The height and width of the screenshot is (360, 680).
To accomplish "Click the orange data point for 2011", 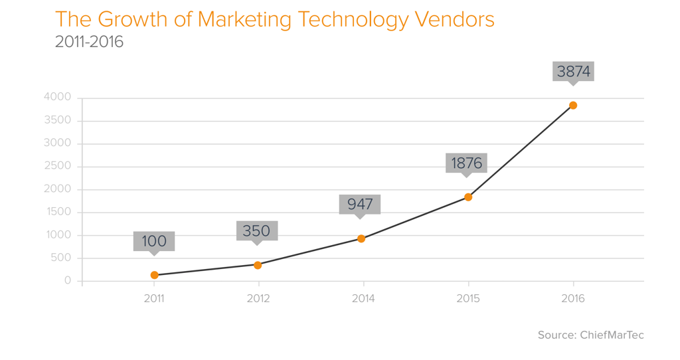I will pyautogui.click(x=155, y=275).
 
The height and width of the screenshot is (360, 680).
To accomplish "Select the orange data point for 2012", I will pyautogui.click(x=258, y=265).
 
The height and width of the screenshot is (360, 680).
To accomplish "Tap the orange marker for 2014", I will pyautogui.click(x=361, y=238).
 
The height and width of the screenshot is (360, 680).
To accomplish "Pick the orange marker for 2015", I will pyautogui.click(x=468, y=197).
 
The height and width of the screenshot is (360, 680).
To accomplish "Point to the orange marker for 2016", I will pyautogui.click(x=573, y=106).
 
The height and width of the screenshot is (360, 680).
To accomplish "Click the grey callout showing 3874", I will pyautogui.click(x=573, y=71).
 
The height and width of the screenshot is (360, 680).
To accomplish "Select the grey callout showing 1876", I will pyautogui.click(x=466, y=163).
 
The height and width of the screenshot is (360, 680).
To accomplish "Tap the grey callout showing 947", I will pyautogui.click(x=359, y=204).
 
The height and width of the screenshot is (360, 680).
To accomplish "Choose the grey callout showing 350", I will pyautogui.click(x=256, y=230).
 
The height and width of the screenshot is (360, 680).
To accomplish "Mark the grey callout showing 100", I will pyautogui.click(x=154, y=240).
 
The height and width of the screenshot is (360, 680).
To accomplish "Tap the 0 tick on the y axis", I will pyautogui.click(x=68, y=281).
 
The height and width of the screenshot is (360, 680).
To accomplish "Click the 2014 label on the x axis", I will pyautogui.click(x=363, y=299).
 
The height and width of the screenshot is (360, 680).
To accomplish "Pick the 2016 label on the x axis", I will pyautogui.click(x=573, y=299).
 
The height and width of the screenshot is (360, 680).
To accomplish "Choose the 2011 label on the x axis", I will pyautogui.click(x=154, y=299).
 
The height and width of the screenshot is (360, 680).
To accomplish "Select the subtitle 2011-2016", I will pyautogui.click(x=89, y=42).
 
